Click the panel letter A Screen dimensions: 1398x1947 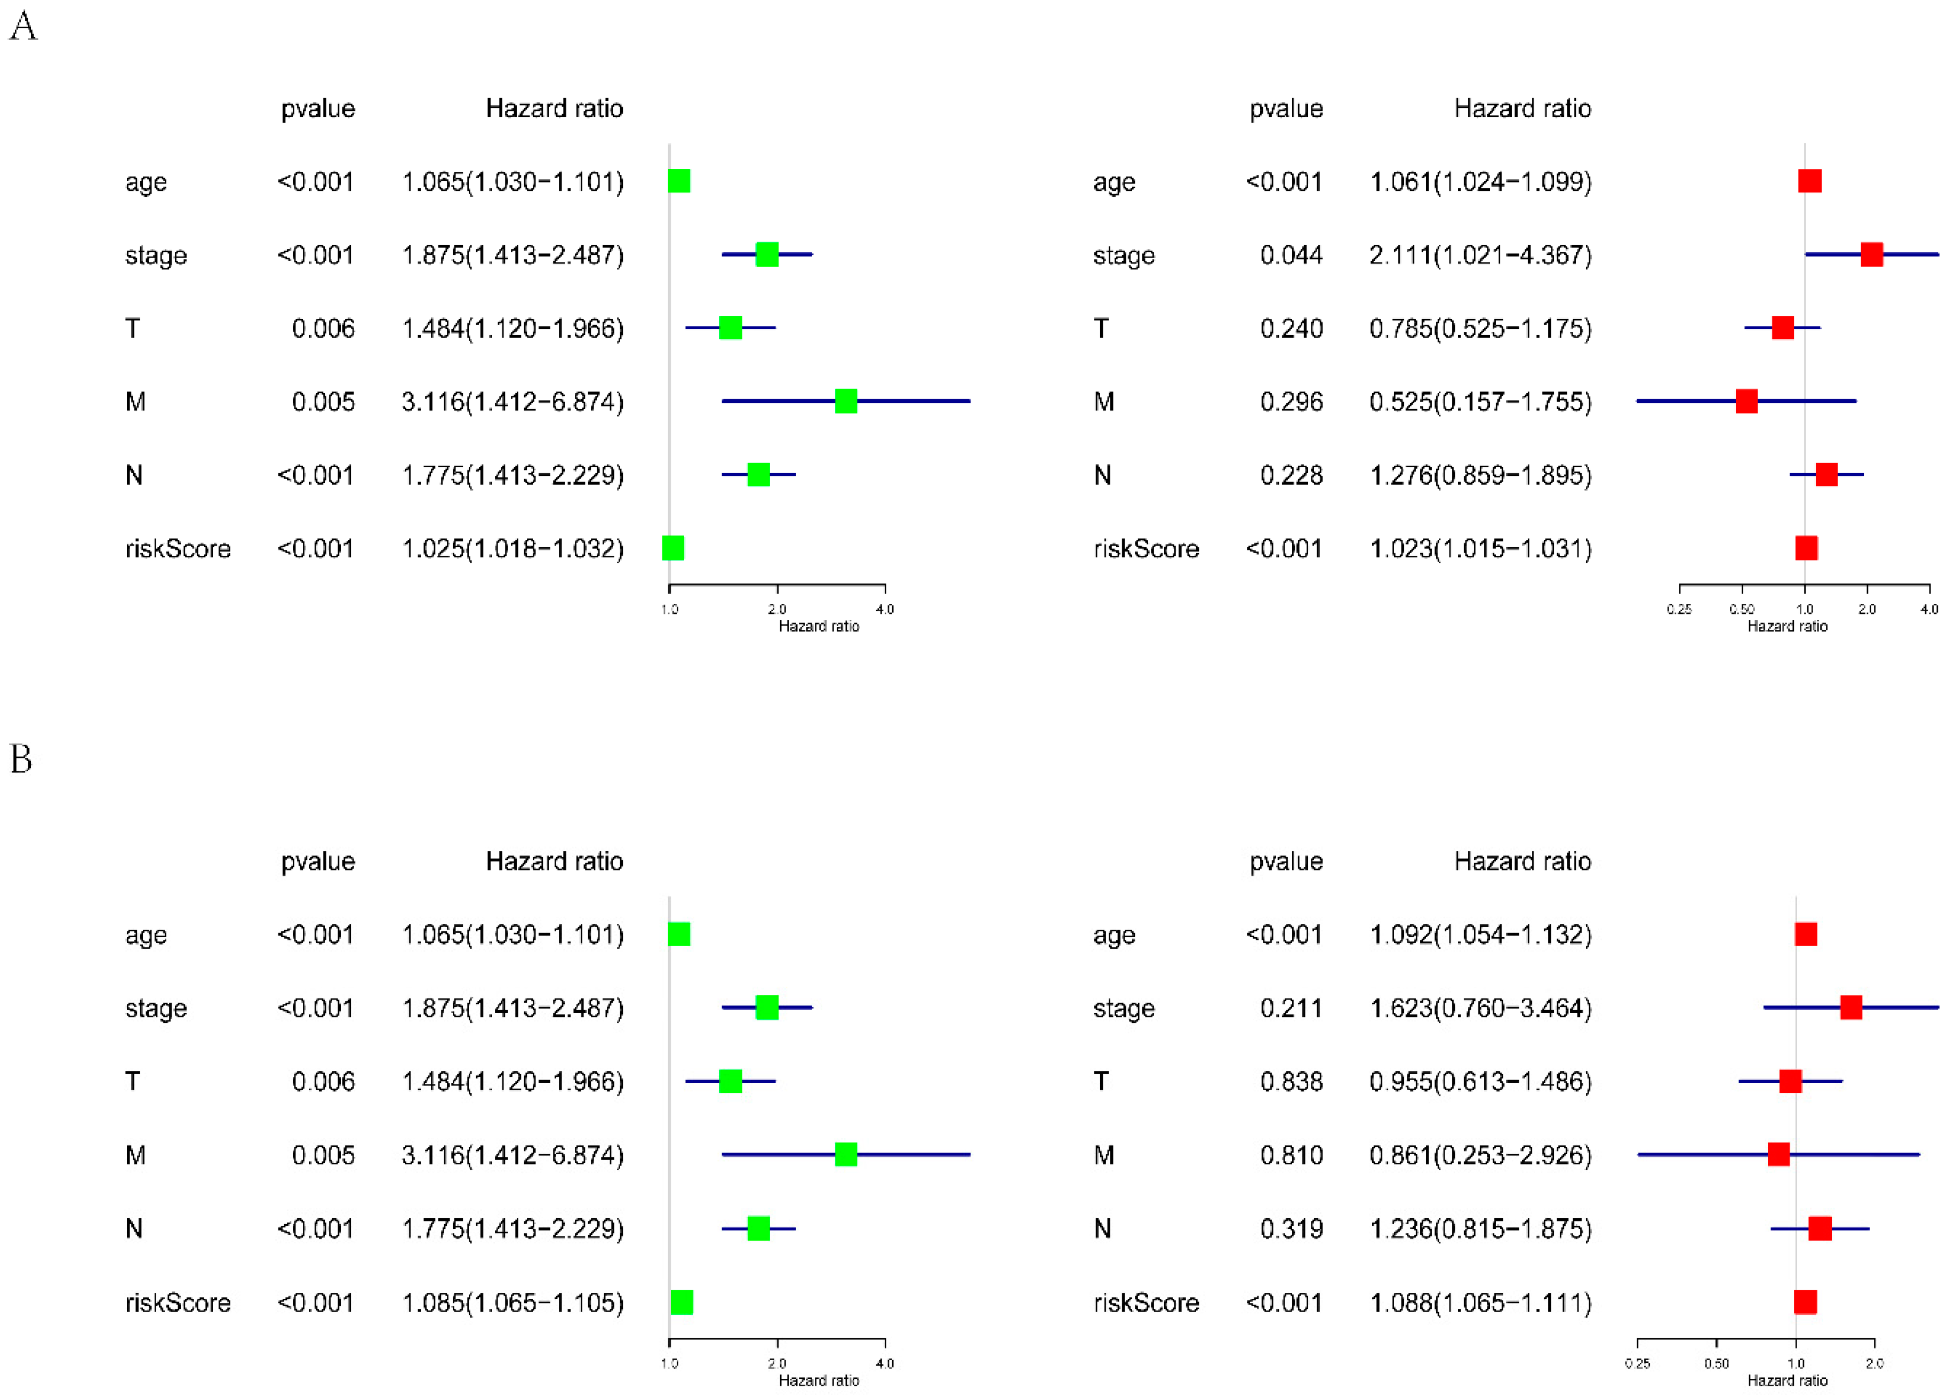tap(23, 26)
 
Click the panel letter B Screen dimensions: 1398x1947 tap(21, 759)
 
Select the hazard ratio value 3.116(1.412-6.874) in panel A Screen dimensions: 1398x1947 tap(512, 402)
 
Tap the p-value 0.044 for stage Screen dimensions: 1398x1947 tap(1291, 255)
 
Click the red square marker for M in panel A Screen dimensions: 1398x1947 tap(1746, 401)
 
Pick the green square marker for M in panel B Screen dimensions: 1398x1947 tap(846, 1154)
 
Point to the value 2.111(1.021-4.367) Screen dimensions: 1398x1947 tap(1480, 255)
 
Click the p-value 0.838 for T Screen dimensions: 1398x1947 tap(1291, 1081)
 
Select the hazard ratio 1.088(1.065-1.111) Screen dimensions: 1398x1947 tap(1480, 1303)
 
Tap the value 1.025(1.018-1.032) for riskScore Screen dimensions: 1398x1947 tap(512, 549)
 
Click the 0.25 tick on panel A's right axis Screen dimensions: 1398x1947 tap(1679, 609)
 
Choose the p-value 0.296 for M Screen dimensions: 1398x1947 tap(1291, 402)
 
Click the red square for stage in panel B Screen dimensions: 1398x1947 tap(1851, 1007)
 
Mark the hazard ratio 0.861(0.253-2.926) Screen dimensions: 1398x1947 tap(1480, 1155)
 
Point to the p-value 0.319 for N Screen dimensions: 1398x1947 tap(1291, 1229)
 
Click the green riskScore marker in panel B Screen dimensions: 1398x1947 tap(682, 1302)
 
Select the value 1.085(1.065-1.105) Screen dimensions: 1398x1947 tap(512, 1303)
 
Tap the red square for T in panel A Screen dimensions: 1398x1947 tap(1782, 327)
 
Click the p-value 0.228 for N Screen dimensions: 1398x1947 tap(1291, 475)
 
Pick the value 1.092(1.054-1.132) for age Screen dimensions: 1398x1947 tap(1480, 934)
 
